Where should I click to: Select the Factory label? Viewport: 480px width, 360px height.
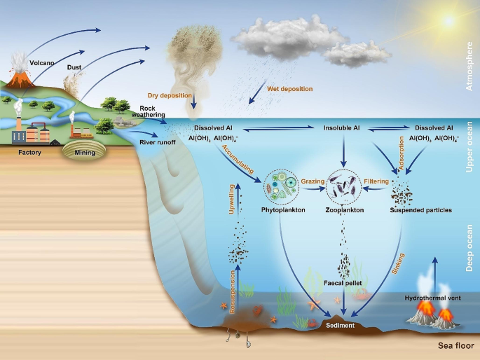[31, 151]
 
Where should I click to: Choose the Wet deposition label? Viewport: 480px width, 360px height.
[289, 89]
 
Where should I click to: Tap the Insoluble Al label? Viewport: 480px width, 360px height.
[342, 128]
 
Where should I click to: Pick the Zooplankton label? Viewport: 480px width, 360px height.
[345, 209]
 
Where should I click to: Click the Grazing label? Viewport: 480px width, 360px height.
[313, 181]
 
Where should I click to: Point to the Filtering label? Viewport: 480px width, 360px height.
[376, 181]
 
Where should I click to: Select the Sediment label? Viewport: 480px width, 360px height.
[341, 325]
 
